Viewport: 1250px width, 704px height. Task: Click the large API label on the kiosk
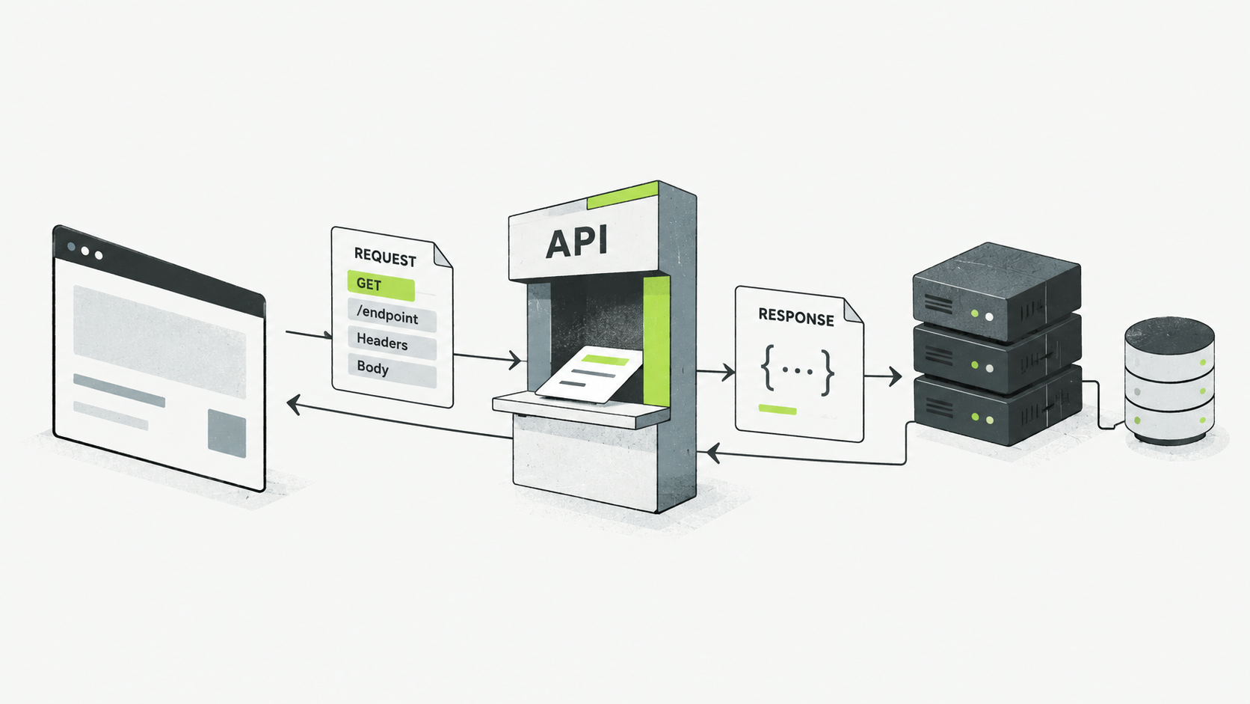(576, 242)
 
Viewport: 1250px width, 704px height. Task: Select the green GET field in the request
(381, 285)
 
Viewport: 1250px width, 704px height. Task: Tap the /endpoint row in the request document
(392, 316)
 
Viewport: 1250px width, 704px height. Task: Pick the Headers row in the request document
(392, 342)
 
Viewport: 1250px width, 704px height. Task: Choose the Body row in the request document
(392, 369)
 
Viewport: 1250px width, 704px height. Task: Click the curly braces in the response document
(798, 370)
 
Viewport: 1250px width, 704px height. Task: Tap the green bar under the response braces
(778, 410)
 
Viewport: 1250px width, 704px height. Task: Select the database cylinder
(1169, 381)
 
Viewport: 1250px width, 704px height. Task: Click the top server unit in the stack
(997, 292)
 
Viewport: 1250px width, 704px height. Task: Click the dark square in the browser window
(227, 434)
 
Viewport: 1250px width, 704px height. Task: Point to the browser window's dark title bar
(158, 271)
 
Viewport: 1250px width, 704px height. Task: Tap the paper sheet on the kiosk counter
(588, 373)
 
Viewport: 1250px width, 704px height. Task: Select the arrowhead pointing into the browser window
(294, 404)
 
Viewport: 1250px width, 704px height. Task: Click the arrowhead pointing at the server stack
(895, 376)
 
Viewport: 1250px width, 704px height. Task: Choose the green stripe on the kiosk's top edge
(623, 195)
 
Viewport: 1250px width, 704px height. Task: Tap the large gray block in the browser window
(159, 342)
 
